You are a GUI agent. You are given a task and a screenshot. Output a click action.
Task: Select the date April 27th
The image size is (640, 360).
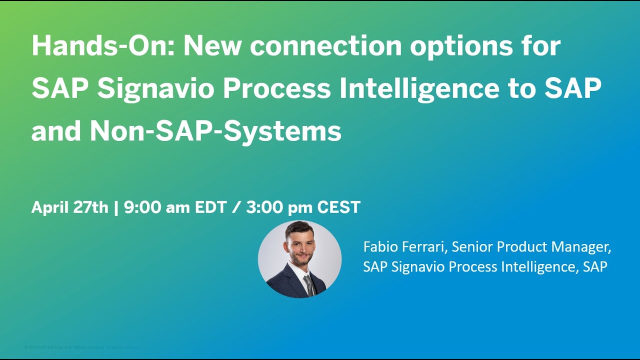[x=69, y=207]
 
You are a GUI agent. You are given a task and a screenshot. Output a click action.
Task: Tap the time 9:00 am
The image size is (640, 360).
[x=155, y=207]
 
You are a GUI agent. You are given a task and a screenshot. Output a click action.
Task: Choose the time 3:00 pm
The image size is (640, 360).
[x=276, y=207]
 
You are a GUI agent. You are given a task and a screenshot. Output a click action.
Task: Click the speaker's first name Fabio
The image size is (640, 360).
[x=379, y=246]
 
